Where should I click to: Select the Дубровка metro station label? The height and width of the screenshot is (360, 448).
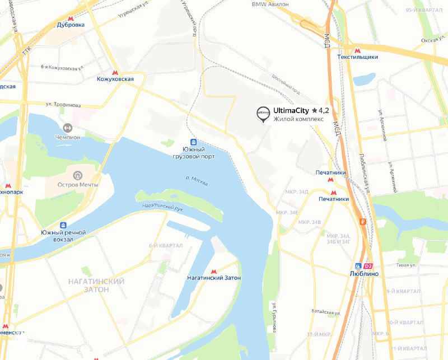tap(71, 25)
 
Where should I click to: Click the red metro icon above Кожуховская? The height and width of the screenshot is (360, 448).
tap(115, 72)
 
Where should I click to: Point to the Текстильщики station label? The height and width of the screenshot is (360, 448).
tap(357, 57)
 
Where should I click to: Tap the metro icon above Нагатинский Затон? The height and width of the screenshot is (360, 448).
tap(214, 271)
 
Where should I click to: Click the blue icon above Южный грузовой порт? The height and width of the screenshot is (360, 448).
tap(193, 142)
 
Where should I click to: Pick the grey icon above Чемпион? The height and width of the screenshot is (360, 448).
tap(68, 128)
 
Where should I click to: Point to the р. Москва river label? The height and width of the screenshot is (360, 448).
tap(197, 181)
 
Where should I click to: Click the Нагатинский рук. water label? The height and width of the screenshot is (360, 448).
tap(163, 207)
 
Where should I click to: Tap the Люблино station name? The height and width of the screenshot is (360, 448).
tap(363, 274)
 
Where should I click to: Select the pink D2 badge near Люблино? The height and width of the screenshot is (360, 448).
tap(368, 266)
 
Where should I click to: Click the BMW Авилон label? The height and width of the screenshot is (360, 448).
tap(270, 4)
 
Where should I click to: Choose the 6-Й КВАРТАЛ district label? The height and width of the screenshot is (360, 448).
tap(166, 246)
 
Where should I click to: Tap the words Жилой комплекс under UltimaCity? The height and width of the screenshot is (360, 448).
tap(298, 119)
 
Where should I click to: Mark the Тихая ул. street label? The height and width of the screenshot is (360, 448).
tap(407, 265)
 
